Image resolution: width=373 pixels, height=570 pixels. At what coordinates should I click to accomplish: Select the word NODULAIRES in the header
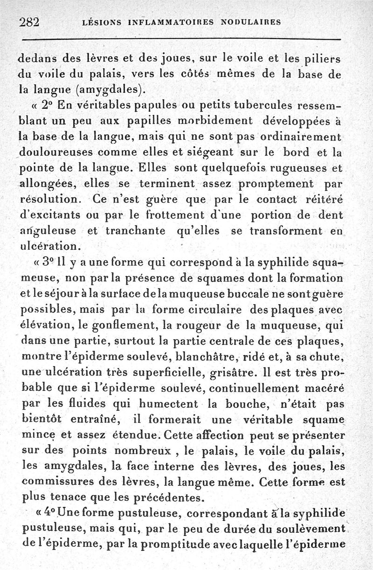251,22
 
